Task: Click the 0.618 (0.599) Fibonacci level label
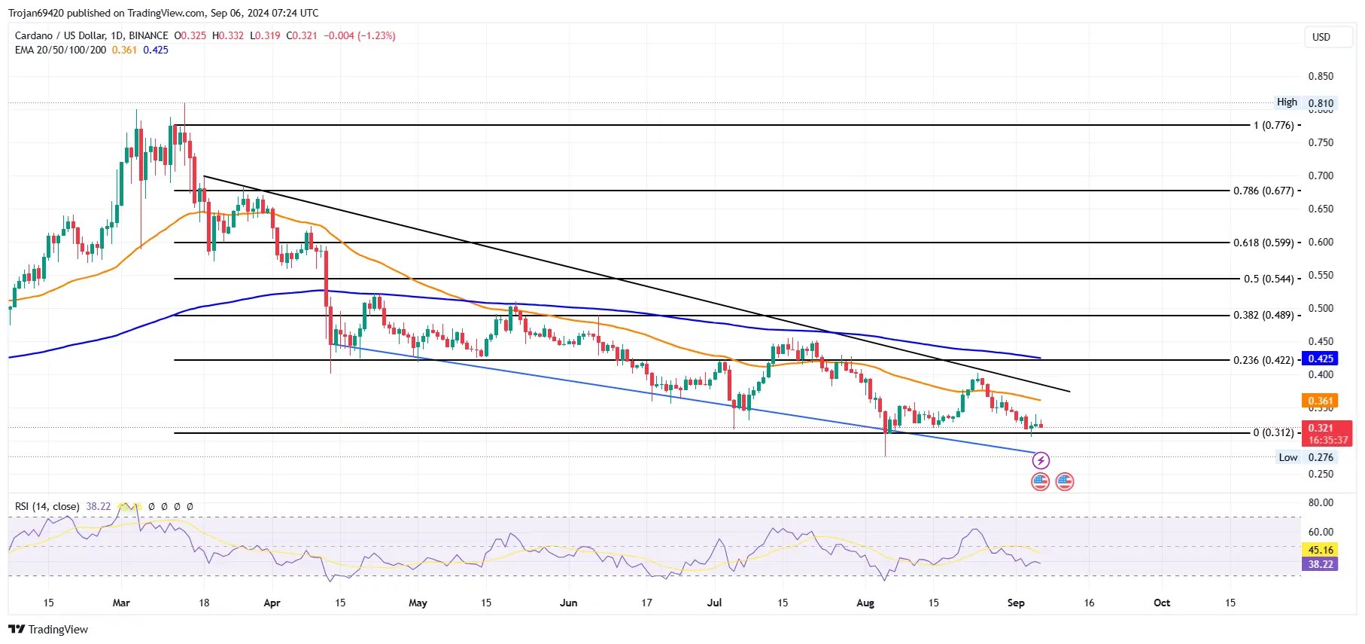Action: pos(1263,243)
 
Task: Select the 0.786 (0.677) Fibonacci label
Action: pos(1263,191)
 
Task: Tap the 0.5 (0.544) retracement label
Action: pos(1269,279)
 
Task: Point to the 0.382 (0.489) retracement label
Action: pos(1263,315)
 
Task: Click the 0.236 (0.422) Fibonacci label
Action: pos(1263,360)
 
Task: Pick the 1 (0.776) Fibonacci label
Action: pos(1273,125)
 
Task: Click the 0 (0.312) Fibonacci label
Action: pos(1273,432)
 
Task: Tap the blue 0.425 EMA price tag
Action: pos(1321,359)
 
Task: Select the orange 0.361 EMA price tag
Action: pos(1321,401)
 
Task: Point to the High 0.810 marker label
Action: pos(1305,102)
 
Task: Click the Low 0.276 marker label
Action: pos(1306,457)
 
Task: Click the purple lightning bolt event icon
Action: pos(1041,460)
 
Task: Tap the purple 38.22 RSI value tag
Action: pos(1320,564)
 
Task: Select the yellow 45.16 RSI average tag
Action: pos(1320,550)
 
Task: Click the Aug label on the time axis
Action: pos(865,603)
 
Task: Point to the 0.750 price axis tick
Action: pos(1321,142)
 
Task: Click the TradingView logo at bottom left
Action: pos(48,630)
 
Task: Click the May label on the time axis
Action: pos(418,603)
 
